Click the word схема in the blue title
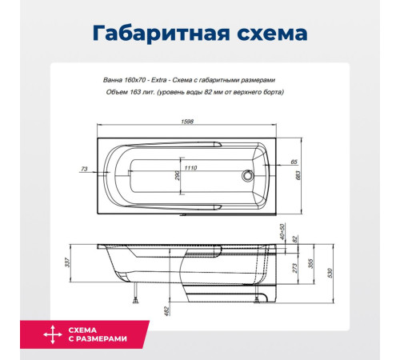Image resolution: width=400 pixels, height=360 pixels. coord(263,34)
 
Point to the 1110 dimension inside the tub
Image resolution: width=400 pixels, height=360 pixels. coord(190,168)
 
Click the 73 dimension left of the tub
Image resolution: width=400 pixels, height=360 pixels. coord(84,169)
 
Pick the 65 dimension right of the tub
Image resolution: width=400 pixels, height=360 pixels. coord(294,162)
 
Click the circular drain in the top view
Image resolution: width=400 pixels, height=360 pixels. coord(249,177)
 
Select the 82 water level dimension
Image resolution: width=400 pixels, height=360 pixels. coord(294,238)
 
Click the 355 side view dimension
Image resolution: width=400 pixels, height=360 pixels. coord(309,266)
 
